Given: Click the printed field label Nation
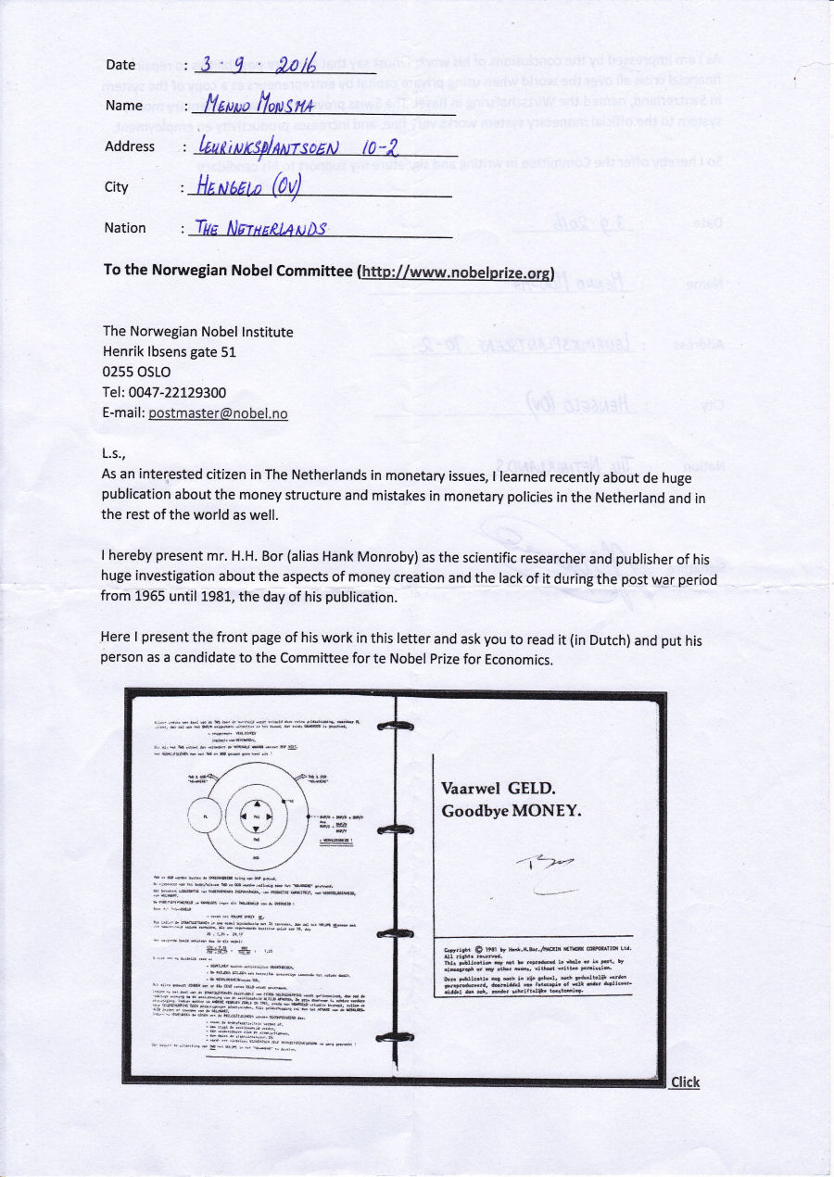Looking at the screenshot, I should pyautogui.click(x=125, y=228).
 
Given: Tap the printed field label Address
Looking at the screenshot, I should pyautogui.click(x=130, y=146).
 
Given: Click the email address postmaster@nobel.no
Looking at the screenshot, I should pyautogui.click(x=218, y=413).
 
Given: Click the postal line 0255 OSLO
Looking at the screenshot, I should pyautogui.click(x=136, y=373).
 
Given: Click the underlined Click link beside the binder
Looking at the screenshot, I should pyautogui.click(x=685, y=1082).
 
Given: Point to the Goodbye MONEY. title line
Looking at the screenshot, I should pyautogui.click(x=512, y=810).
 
